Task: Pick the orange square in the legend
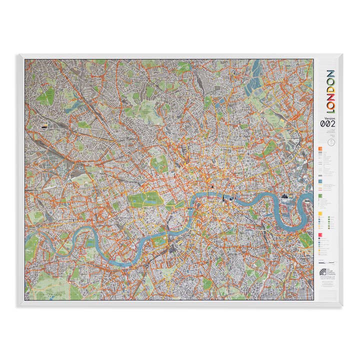[x=319, y=149]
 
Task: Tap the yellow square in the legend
[x=319, y=213]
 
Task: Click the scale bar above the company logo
[x=327, y=262]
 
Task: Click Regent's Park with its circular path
[x=159, y=161]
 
